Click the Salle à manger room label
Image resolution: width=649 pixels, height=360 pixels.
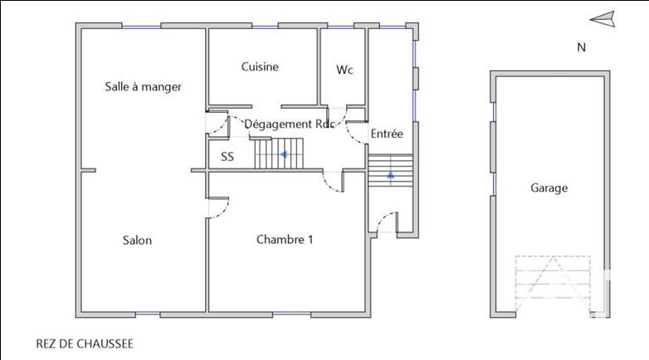[x=143, y=86]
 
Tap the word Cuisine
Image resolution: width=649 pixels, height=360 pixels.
[x=260, y=67]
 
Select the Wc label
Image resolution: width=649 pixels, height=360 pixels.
[x=344, y=70]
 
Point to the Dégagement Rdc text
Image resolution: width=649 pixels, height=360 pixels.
[x=289, y=124]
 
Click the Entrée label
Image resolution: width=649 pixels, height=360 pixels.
[x=386, y=134]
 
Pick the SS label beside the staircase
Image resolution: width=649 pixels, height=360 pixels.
[x=227, y=156]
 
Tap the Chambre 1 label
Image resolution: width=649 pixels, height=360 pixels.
[x=285, y=240]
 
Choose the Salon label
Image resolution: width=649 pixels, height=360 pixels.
[x=137, y=241]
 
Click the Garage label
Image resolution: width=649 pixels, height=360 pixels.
[x=549, y=188]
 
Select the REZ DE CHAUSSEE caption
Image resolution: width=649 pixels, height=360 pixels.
[x=85, y=343]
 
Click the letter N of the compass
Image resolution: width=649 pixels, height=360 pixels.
[x=581, y=47]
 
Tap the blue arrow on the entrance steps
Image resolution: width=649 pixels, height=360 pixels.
[x=389, y=174]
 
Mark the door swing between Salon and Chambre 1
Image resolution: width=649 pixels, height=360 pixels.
[x=217, y=208]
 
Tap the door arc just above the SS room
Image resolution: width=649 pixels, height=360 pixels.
[x=217, y=124]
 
